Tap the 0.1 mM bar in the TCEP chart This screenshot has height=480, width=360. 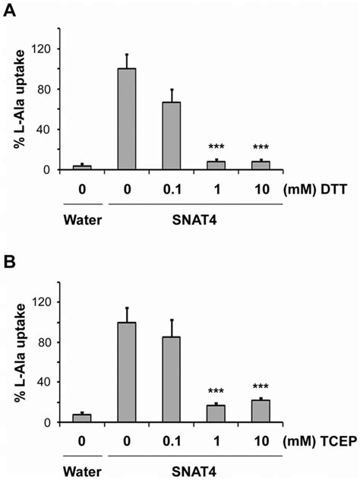pos(172,380)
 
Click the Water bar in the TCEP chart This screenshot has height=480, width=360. pos(81,418)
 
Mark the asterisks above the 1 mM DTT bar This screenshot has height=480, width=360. pos(216,149)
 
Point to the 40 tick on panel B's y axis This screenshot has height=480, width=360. pos(46,383)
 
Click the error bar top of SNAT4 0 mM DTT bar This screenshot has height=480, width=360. pos(126,54)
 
